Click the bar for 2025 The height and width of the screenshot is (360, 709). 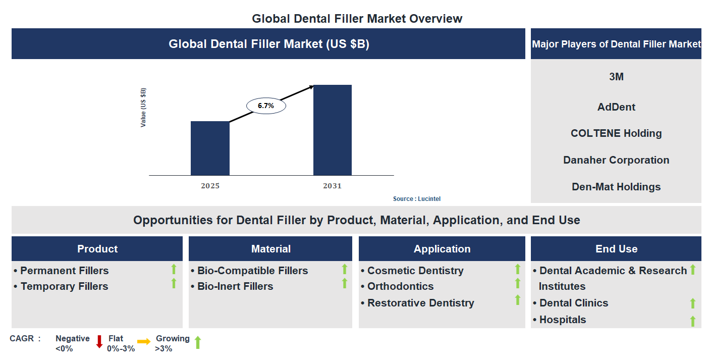210,148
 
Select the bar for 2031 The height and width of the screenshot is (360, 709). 332,130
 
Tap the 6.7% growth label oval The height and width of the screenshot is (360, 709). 266,106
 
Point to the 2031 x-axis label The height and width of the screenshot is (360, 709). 332,186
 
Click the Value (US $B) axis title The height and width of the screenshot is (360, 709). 143,108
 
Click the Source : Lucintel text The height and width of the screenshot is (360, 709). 416,199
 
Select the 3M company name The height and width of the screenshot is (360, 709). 616,77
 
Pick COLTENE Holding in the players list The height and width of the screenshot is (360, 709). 616,133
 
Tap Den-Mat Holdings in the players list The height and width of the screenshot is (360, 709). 616,187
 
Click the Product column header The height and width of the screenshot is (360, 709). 97,249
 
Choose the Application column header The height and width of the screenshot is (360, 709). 442,249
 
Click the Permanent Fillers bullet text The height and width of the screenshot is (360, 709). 64,271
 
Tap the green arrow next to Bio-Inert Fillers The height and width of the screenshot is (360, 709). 345,283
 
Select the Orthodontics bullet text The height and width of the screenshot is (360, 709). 400,286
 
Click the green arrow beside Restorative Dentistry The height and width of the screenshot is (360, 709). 517,300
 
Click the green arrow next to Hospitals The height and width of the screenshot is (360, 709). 693,321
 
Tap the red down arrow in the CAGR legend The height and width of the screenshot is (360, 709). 99,342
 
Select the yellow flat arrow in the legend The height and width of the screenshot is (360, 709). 144,342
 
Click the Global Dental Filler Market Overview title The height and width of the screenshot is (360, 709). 357,19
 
